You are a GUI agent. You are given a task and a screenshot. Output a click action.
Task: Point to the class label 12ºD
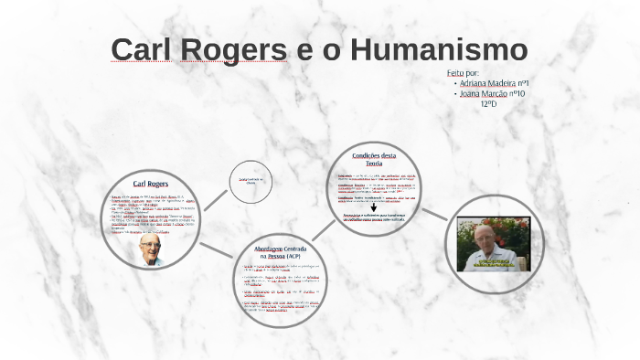pos(488,103)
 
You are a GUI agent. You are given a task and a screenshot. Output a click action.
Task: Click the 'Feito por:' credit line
pos(463,72)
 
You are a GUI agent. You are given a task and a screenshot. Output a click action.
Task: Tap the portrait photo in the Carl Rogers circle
pos(150,250)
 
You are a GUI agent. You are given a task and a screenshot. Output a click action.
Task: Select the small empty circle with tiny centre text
pos(251,181)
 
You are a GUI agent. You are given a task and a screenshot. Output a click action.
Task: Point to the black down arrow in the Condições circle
pos(373,207)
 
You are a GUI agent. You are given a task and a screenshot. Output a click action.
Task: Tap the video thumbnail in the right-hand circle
pos(493,244)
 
